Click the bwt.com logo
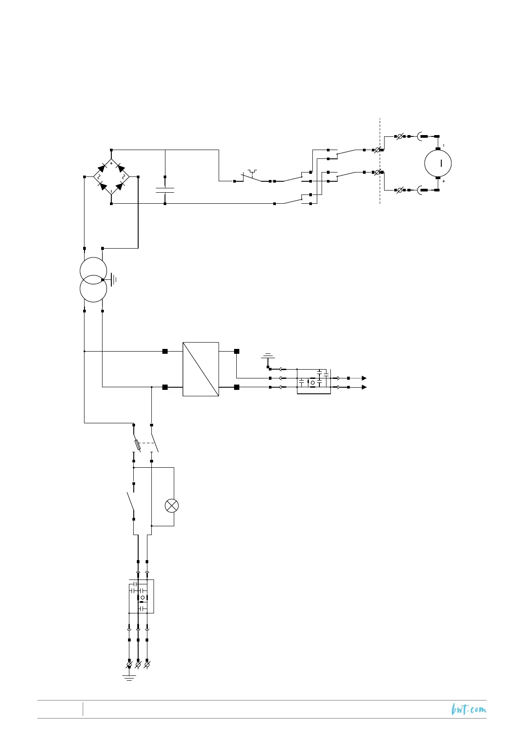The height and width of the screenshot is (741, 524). tap(469, 709)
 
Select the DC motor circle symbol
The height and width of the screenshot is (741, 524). tap(438, 163)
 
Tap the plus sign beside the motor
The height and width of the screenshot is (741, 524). tap(443, 181)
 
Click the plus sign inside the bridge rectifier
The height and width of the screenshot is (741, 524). tap(111, 163)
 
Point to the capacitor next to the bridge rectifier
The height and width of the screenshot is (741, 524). tap(165, 190)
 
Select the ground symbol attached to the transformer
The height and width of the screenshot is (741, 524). tap(113, 279)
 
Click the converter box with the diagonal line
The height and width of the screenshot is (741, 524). tap(201, 369)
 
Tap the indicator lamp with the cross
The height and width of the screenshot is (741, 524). tap(171, 506)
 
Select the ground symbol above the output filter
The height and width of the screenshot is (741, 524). tap(267, 356)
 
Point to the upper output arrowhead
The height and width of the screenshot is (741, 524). tap(364, 378)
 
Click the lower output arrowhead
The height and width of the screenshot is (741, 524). tap(364, 387)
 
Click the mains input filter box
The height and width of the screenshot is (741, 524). tap(141, 596)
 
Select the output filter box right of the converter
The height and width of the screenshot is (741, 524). tap(314, 381)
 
